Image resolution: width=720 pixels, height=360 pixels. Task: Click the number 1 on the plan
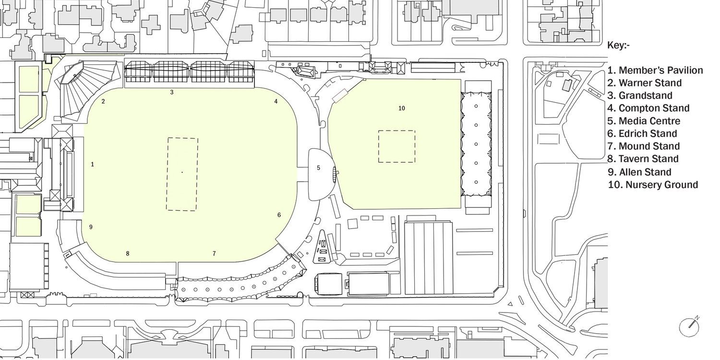[x=92, y=164]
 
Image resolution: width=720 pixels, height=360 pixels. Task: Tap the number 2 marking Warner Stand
[x=103, y=101]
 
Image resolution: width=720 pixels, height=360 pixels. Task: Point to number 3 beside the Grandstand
[x=171, y=92]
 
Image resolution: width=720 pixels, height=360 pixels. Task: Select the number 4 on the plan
[x=276, y=101]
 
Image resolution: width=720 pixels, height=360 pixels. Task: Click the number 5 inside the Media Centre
[x=318, y=168]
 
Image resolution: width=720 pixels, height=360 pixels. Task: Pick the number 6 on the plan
[x=279, y=215]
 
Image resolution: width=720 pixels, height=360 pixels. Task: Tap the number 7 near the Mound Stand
[x=214, y=253]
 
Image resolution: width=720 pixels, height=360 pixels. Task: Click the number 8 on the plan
[x=128, y=253]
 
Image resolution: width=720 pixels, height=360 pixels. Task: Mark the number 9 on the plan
[x=90, y=227]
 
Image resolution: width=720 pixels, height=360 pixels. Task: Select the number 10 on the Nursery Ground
[x=402, y=108]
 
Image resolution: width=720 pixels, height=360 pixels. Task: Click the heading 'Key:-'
[x=619, y=46]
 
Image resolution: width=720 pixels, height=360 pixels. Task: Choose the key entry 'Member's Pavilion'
[x=655, y=71]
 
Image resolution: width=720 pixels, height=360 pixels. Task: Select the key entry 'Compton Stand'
[x=648, y=108]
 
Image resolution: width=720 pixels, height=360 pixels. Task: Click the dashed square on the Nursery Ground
[x=396, y=146]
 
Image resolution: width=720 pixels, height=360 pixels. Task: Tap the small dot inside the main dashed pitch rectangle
[x=182, y=171]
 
